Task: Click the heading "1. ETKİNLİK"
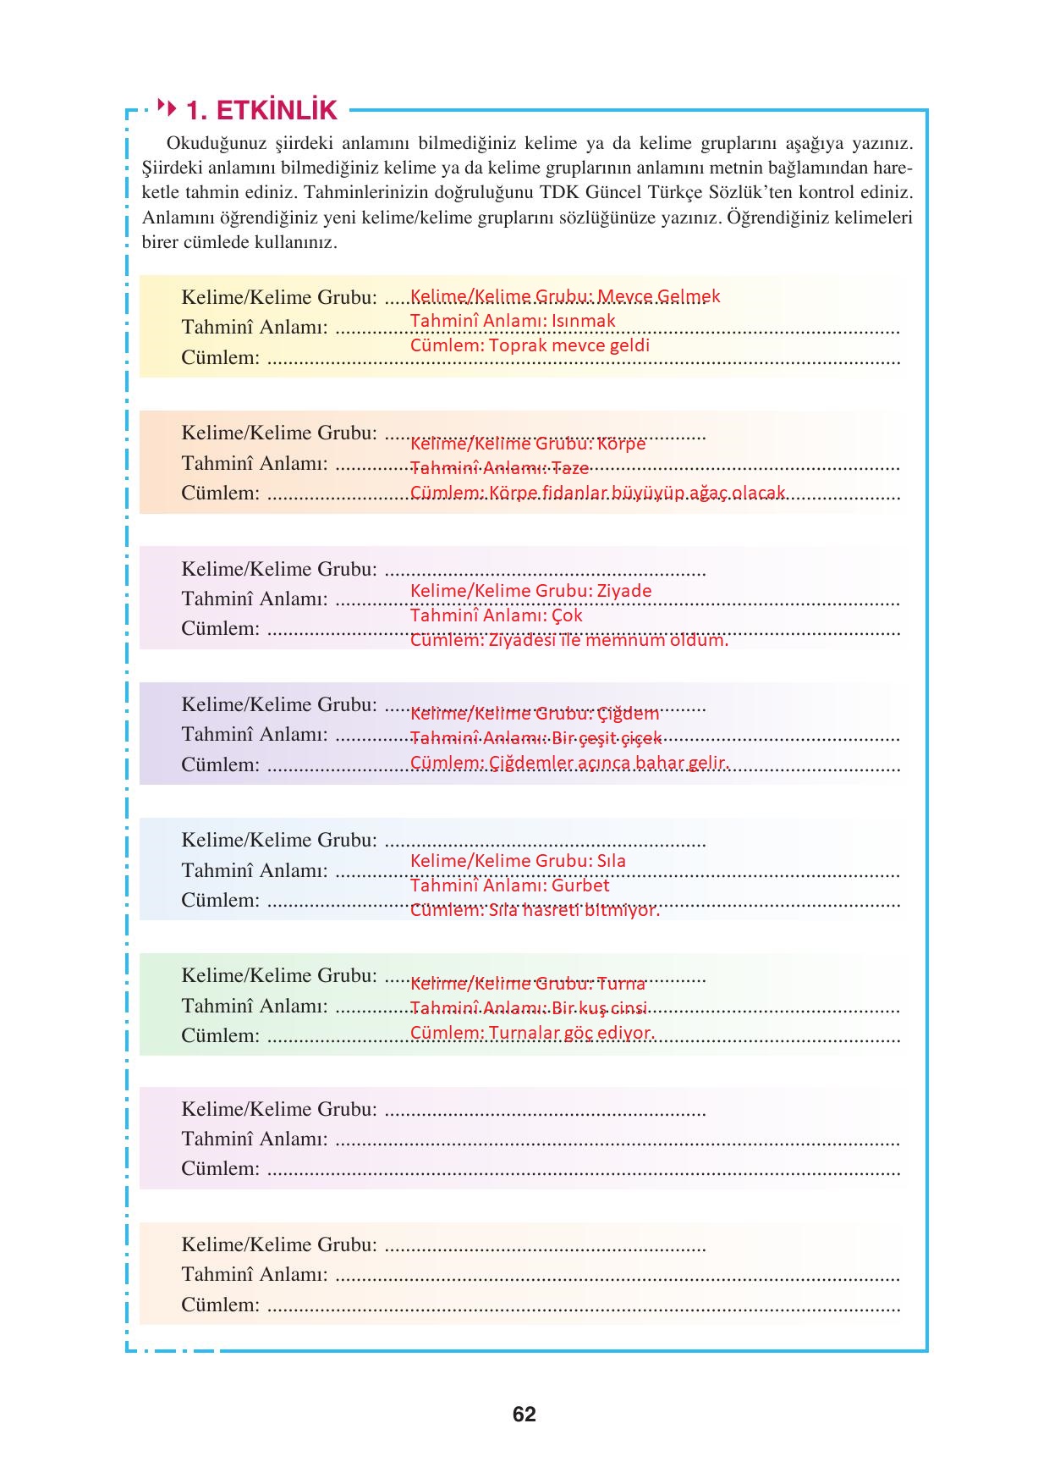click(x=261, y=110)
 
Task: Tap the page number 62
click(x=524, y=1415)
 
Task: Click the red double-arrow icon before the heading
click(x=168, y=108)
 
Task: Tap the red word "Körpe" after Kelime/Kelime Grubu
click(x=621, y=444)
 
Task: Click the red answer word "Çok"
click(x=567, y=615)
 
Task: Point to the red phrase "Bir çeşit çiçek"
click(x=607, y=738)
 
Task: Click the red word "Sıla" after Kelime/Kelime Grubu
click(x=612, y=861)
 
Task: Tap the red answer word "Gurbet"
click(x=580, y=885)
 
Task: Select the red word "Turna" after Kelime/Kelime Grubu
click(x=621, y=984)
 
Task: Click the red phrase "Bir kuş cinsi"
click(x=599, y=1008)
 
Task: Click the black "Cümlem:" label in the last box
click(x=220, y=1305)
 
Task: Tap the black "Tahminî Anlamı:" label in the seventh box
click(x=254, y=1139)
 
